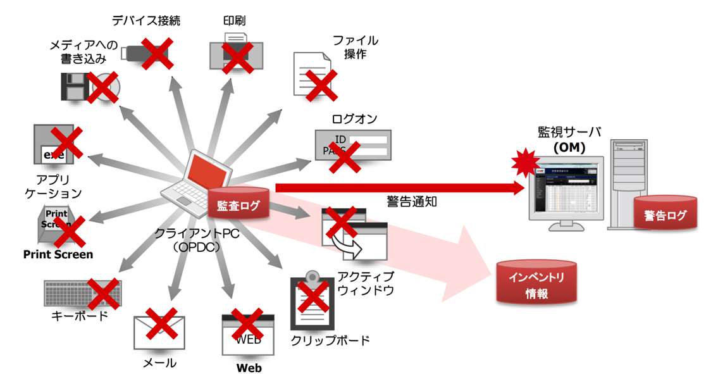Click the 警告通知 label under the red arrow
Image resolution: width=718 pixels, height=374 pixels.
412,202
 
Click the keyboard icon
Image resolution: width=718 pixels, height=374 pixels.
82,294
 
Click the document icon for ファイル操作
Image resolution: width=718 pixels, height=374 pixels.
312,75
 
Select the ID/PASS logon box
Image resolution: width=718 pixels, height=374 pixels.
353,146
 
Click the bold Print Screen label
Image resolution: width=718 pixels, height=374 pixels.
58,254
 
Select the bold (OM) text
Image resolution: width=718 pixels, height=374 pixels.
569,147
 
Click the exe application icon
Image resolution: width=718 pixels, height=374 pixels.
58,144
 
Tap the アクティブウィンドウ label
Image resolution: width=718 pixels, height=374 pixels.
366,284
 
